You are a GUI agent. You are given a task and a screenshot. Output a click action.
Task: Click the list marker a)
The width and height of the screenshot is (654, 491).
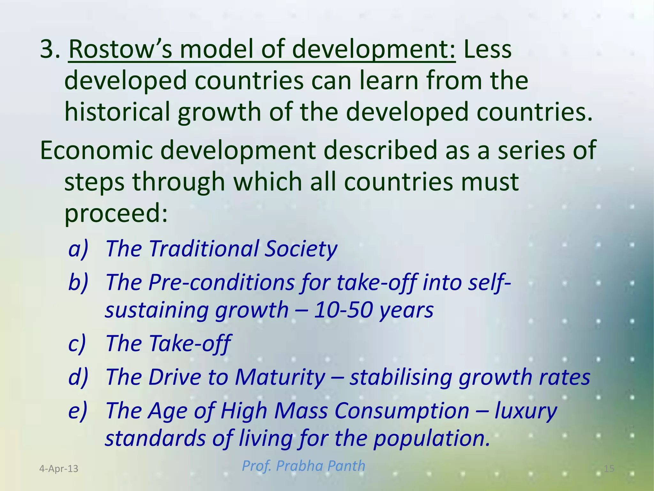[x=78, y=249]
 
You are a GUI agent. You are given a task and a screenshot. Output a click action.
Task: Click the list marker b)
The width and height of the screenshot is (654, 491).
[x=78, y=282]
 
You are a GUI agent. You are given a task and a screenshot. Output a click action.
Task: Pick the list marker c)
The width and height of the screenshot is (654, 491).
[x=77, y=343]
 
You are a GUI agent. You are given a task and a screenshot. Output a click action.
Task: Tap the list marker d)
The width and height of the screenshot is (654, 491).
[x=78, y=377]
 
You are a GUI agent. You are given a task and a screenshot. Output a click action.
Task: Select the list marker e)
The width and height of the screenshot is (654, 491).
[x=77, y=410]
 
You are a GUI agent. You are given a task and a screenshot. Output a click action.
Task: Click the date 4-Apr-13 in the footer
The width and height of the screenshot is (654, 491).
[x=58, y=469]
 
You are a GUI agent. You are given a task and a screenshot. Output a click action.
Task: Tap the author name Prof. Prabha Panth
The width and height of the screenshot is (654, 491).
[x=303, y=466]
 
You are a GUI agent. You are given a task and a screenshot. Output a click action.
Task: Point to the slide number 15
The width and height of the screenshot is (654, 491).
[x=609, y=469]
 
